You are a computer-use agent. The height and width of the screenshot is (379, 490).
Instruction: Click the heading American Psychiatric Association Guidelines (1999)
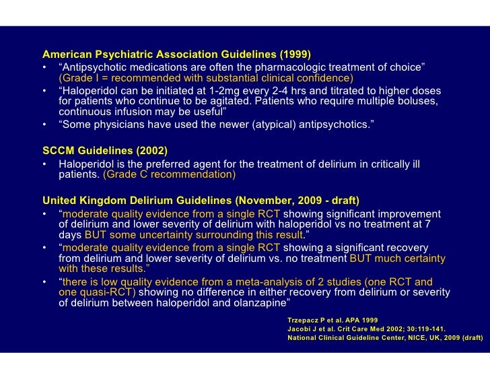(176, 54)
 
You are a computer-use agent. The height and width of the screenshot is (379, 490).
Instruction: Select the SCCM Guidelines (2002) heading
(104, 150)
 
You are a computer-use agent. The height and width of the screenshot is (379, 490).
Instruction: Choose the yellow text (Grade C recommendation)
(169, 174)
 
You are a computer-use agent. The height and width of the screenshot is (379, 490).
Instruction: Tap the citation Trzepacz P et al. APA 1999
(332, 318)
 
